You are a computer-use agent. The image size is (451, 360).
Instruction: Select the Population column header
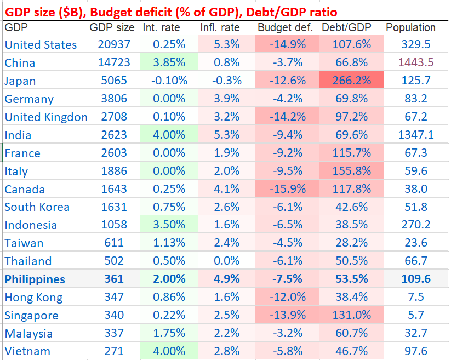[410, 27]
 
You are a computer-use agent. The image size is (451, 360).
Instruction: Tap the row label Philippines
[35, 279]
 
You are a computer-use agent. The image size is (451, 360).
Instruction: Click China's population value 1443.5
[415, 62]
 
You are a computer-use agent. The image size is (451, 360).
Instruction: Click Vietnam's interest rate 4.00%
[169, 351]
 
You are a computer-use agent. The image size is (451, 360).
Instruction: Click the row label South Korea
[37, 207]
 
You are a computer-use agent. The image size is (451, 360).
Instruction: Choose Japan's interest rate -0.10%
[169, 81]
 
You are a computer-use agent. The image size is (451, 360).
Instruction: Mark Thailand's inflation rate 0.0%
[225, 261]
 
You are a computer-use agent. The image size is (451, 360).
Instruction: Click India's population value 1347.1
[415, 135]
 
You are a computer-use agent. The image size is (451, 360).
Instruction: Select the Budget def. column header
[285, 27]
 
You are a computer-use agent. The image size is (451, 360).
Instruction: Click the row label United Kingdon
[46, 117]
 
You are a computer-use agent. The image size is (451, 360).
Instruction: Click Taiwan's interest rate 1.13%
[169, 243]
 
